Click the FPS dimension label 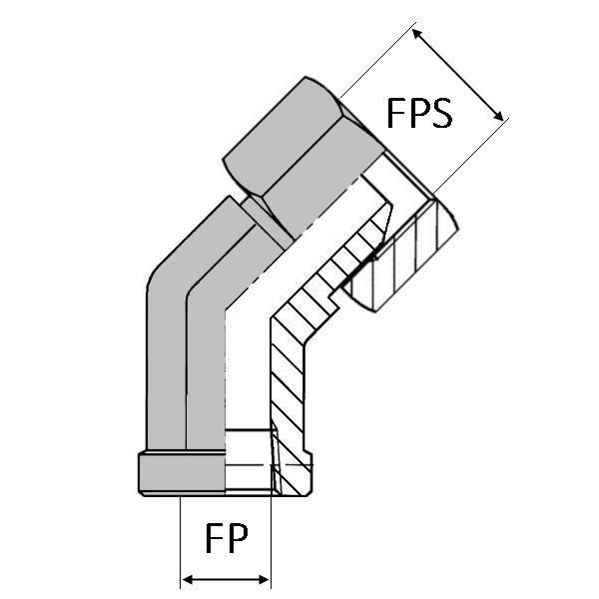419,113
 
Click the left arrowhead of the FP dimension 185,580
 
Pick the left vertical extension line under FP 179,539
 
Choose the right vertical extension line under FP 271,539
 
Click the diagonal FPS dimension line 458,76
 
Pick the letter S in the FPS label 440,113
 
